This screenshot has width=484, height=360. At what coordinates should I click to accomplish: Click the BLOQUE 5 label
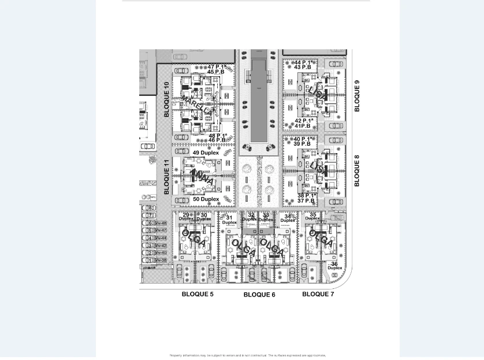pyautogui.click(x=198, y=294)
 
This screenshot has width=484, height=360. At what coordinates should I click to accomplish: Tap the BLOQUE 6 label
pyautogui.click(x=259, y=295)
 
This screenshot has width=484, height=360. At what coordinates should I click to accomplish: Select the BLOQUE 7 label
pyautogui.click(x=318, y=294)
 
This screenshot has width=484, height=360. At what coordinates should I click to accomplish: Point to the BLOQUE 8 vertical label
pyautogui.click(x=356, y=170)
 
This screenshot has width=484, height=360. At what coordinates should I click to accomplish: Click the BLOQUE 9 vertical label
pyautogui.click(x=357, y=96)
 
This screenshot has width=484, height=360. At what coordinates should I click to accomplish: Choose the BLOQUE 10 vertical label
pyautogui.click(x=166, y=100)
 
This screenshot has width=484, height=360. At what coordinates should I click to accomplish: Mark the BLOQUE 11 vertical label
pyautogui.click(x=166, y=177)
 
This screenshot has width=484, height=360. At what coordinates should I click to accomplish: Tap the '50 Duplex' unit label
pyautogui.click(x=206, y=199)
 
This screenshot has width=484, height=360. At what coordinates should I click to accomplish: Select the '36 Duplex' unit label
pyautogui.click(x=335, y=266)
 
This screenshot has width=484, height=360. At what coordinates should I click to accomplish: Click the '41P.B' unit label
pyautogui.click(x=303, y=126)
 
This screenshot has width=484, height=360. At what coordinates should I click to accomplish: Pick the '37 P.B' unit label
pyautogui.click(x=306, y=201)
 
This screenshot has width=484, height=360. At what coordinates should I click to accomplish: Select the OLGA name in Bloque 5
pyautogui.click(x=193, y=237)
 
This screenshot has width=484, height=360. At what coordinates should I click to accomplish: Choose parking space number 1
pyautogui.click(x=150, y=261)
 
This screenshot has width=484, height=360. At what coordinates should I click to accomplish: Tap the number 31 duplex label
pyautogui.click(x=229, y=220)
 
